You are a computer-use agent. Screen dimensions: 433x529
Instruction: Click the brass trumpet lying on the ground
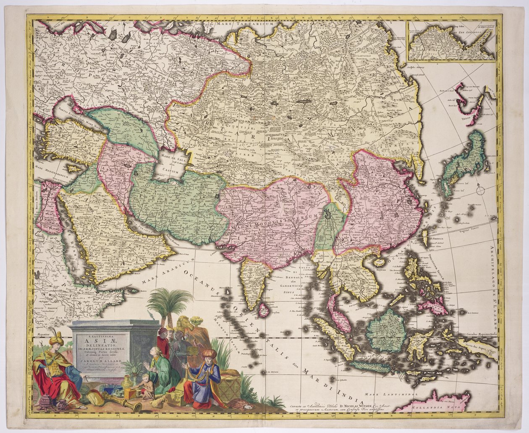point(123,402)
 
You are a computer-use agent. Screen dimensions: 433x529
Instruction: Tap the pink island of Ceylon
point(264,310)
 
